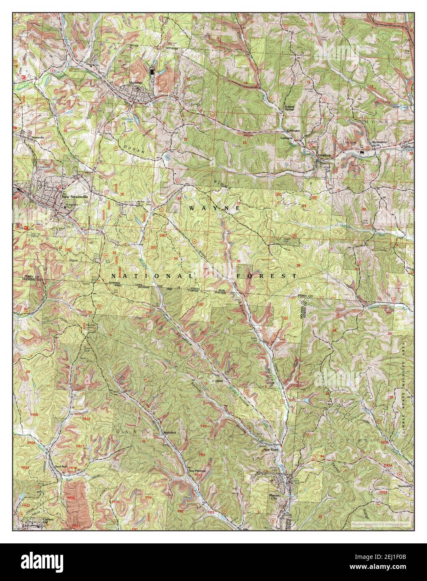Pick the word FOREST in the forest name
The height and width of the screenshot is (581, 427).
click(266, 276)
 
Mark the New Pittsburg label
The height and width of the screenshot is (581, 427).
click(197, 471)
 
